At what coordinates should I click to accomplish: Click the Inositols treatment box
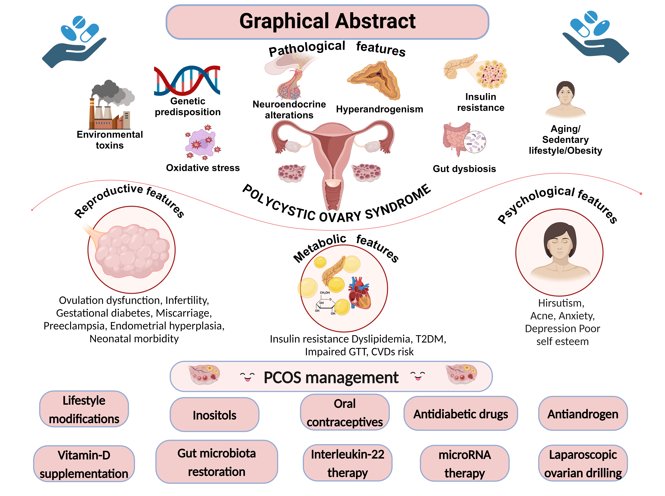[x=214, y=415]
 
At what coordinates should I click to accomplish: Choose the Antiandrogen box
[x=582, y=413]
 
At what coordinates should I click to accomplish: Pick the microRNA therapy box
[x=464, y=463]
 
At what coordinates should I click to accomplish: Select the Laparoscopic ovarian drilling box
[x=582, y=463]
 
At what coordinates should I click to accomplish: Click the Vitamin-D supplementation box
[x=84, y=464]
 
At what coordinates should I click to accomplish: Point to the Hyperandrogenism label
[x=379, y=109]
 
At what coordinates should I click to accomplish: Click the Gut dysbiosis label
[x=464, y=169]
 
